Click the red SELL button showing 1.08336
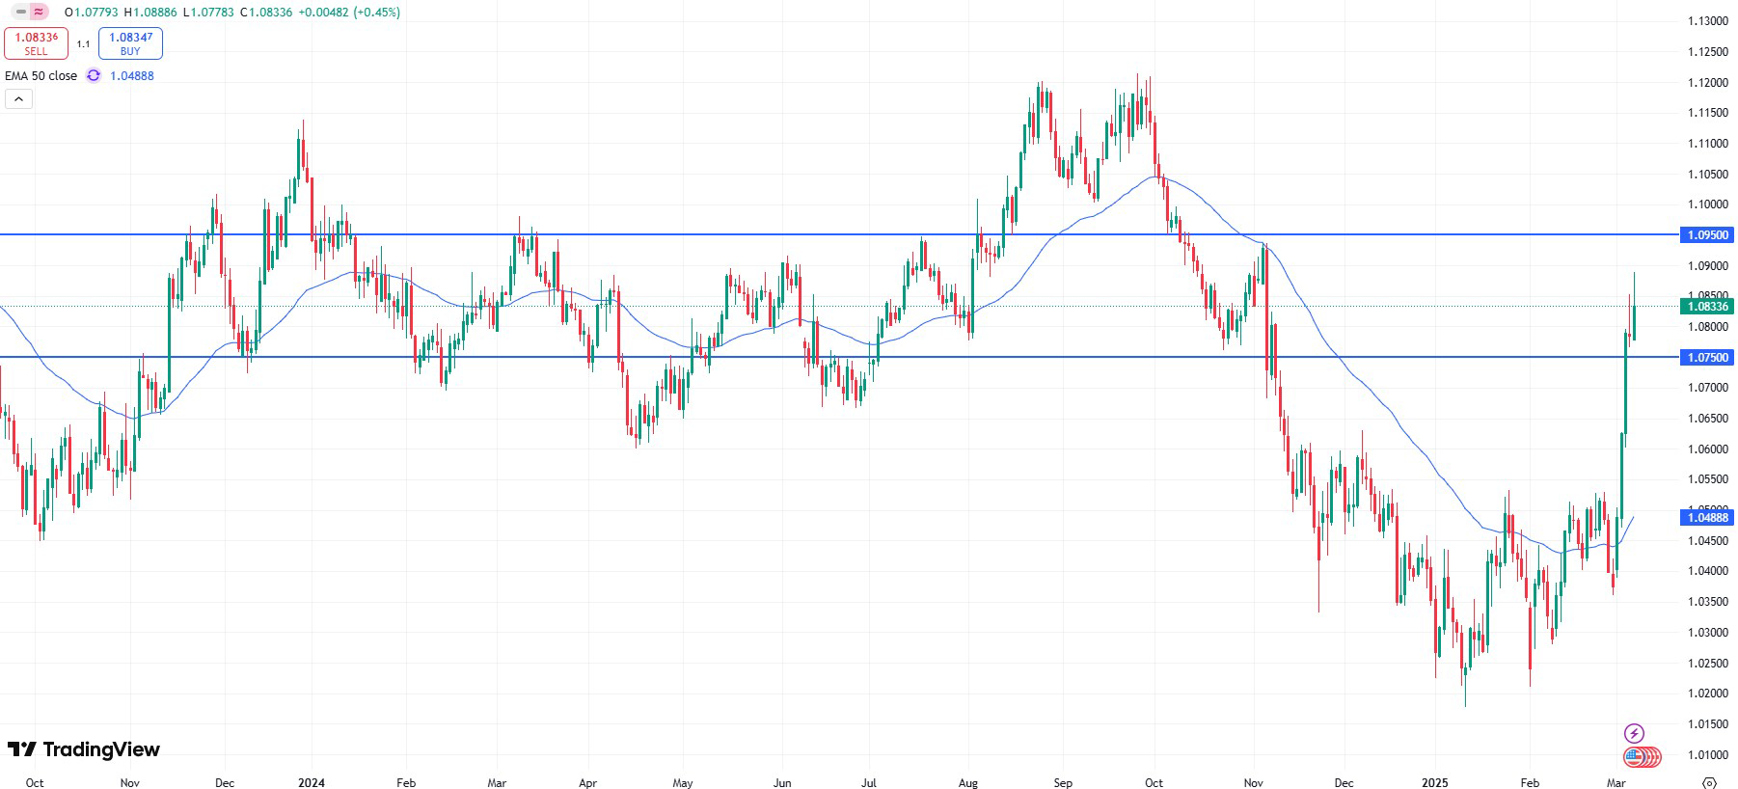point(36,43)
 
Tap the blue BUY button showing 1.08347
point(130,43)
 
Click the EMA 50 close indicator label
point(41,75)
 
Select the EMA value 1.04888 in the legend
point(132,75)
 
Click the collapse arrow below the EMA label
point(18,98)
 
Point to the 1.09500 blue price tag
point(1707,234)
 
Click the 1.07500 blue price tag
point(1707,357)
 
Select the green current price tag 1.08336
point(1707,306)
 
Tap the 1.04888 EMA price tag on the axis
point(1707,517)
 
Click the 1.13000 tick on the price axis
point(1707,21)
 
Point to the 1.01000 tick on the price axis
point(1707,754)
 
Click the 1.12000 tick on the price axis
point(1707,83)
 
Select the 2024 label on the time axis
point(312,782)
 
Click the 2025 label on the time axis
point(1434,782)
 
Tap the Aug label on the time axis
point(968,782)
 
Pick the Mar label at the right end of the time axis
point(1616,782)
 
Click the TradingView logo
point(84,749)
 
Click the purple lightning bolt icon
point(1634,733)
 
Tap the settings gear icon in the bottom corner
point(1709,782)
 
